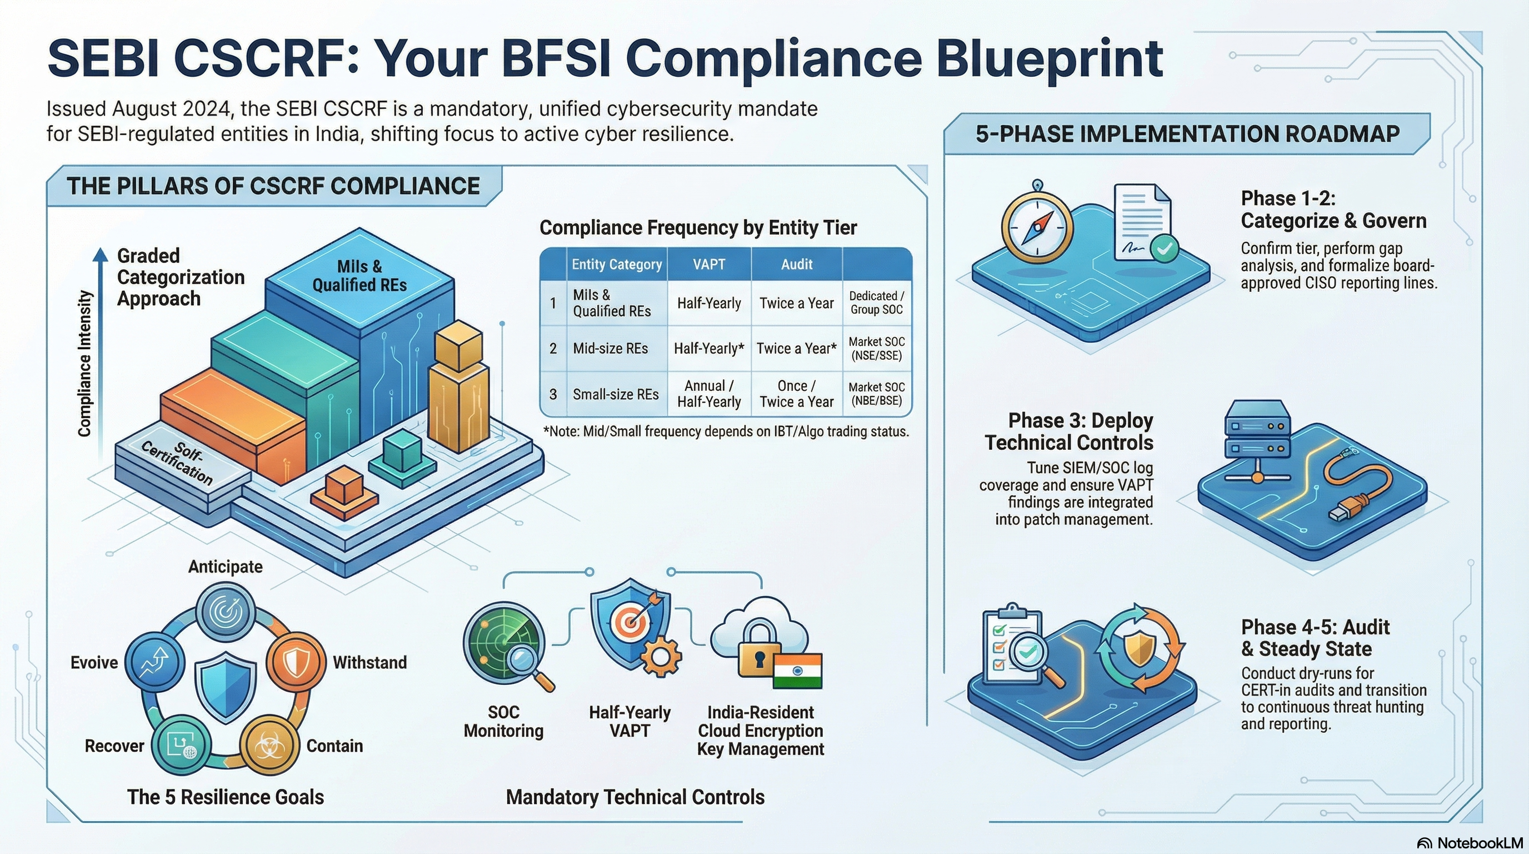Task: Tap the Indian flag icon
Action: pos(798,671)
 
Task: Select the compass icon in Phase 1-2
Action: pos(1037,226)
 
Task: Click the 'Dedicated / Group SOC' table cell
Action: pos(877,303)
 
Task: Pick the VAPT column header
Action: pos(709,264)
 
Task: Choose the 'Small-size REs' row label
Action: pos(616,394)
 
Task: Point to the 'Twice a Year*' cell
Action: pos(797,349)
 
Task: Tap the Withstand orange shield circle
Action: pos(295,662)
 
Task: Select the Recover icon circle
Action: pos(181,744)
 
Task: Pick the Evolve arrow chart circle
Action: pos(155,663)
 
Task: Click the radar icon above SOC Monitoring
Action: pos(504,642)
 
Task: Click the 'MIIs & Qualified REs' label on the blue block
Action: pos(359,276)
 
